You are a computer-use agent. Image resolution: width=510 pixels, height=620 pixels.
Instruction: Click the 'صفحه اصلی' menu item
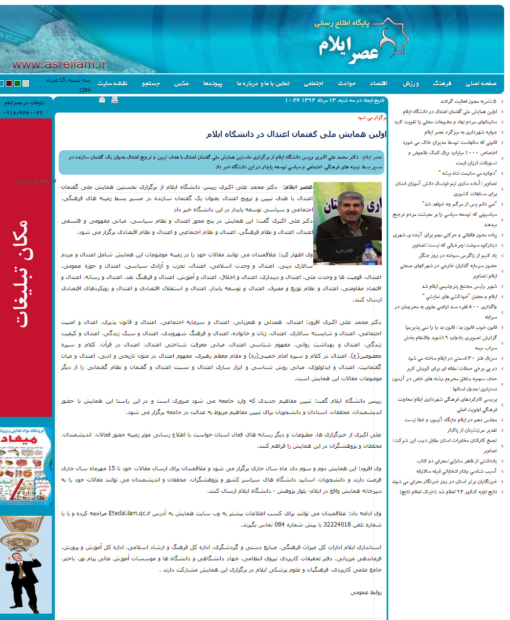[481, 84]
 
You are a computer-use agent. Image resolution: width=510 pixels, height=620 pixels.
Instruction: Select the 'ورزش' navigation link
[410, 84]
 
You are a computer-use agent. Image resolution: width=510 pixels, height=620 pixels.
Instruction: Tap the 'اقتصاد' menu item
[378, 84]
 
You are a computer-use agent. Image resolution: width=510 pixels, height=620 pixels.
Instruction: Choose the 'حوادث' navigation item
[347, 84]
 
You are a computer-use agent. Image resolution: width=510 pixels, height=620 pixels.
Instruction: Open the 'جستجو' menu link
[151, 84]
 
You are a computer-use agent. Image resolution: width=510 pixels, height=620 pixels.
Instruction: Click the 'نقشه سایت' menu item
[112, 84]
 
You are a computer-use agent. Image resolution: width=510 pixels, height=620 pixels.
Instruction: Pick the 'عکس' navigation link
[181, 84]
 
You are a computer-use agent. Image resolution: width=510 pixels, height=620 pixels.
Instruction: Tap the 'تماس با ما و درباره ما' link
[263, 84]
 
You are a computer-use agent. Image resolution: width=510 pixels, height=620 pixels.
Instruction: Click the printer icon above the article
[115, 100]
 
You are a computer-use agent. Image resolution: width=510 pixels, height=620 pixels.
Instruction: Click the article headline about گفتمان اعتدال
[296, 134]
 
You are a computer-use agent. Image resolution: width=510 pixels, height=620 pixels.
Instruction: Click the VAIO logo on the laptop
[344, 251]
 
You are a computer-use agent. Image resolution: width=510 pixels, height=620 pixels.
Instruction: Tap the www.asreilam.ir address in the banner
[59, 64]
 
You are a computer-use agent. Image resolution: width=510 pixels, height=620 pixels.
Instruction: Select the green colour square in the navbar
[18, 84]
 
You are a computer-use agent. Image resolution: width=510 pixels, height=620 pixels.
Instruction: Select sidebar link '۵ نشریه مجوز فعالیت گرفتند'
[468, 101]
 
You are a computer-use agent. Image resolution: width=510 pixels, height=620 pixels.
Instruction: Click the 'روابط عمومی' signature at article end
[366, 592]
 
